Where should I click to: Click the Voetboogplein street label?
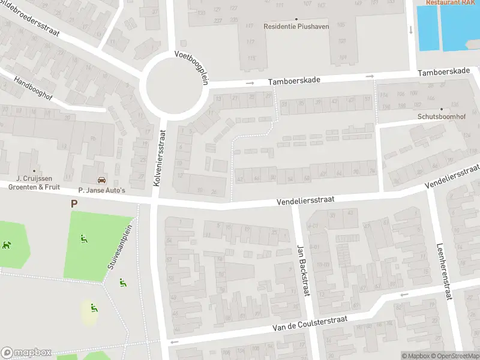[191, 67]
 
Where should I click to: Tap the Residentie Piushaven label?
[296, 26]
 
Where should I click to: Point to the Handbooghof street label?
[34, 89]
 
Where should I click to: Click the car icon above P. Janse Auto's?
[101, 180]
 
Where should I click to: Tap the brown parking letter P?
[74, 203]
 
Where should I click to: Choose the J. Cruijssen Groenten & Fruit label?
[34, 182]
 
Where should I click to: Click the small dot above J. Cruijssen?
[34, 171]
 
